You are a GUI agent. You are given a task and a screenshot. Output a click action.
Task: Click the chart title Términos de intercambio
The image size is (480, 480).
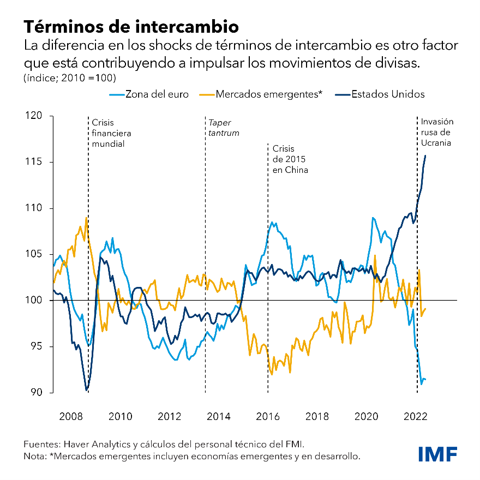130,26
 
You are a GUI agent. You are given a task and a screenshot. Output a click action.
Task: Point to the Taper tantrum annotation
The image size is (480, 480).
224,128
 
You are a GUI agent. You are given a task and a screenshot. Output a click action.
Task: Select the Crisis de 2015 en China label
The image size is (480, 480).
290,159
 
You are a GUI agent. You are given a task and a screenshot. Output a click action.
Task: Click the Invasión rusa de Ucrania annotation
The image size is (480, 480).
437,132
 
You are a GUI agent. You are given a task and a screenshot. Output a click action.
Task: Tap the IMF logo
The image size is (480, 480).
437,453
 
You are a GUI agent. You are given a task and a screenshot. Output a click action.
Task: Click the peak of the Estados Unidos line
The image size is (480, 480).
425,156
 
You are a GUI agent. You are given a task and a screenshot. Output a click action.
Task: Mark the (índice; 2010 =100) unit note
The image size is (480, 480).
70,77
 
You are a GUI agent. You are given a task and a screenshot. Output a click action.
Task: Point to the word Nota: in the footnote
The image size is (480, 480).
35,456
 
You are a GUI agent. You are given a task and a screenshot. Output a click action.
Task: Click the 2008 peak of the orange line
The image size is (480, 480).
86,218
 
